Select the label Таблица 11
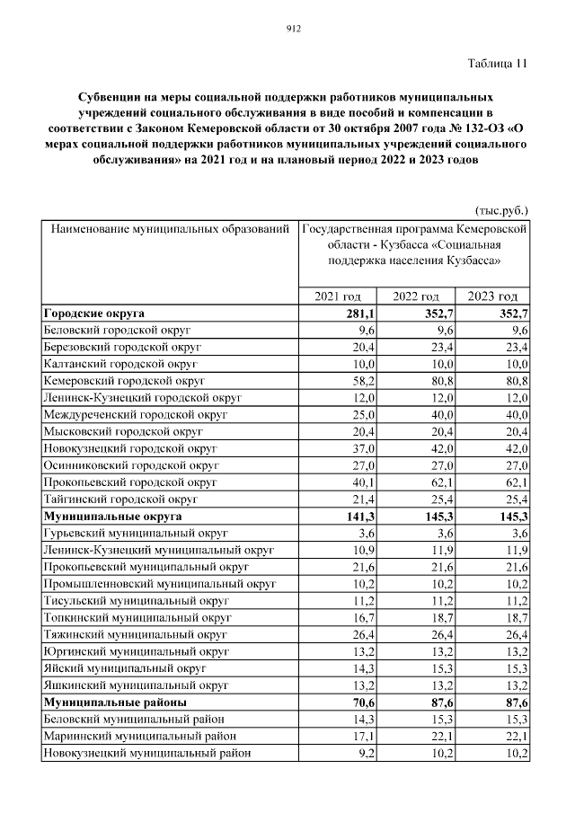498,64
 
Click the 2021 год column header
338,297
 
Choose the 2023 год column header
494,297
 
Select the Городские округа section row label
93,314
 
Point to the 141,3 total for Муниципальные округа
359,517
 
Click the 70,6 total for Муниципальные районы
361,703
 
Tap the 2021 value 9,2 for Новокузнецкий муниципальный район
364,754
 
